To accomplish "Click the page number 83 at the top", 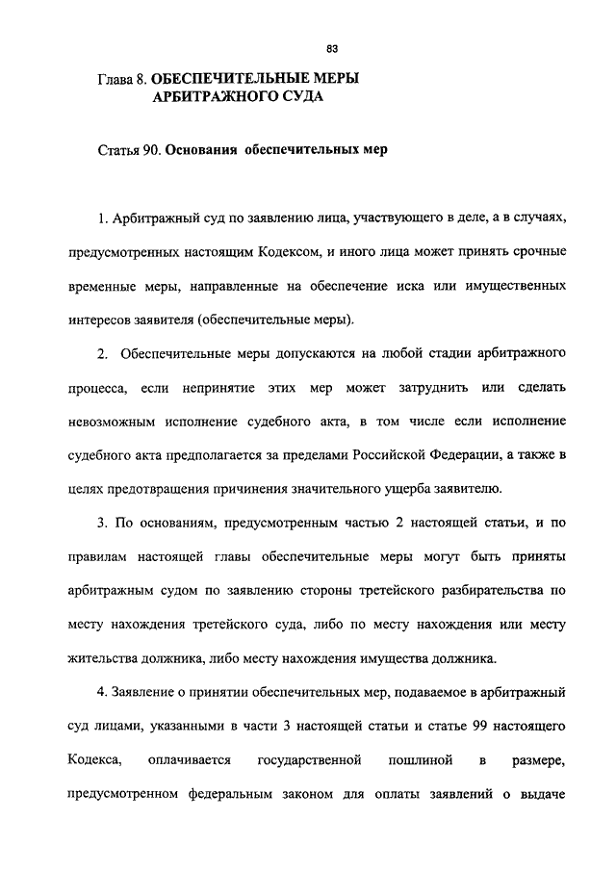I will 332,49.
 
